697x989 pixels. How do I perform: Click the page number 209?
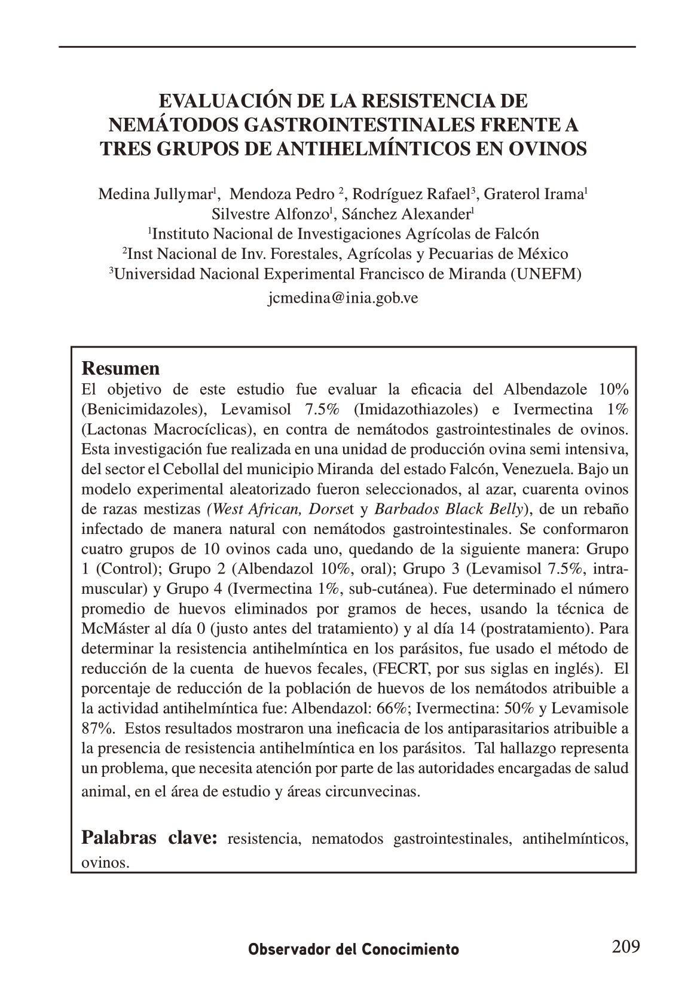point(626,946)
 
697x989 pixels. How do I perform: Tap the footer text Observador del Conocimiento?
point(354,950)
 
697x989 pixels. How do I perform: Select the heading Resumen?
point(120,367)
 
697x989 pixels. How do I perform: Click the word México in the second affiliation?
point(542,254)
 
